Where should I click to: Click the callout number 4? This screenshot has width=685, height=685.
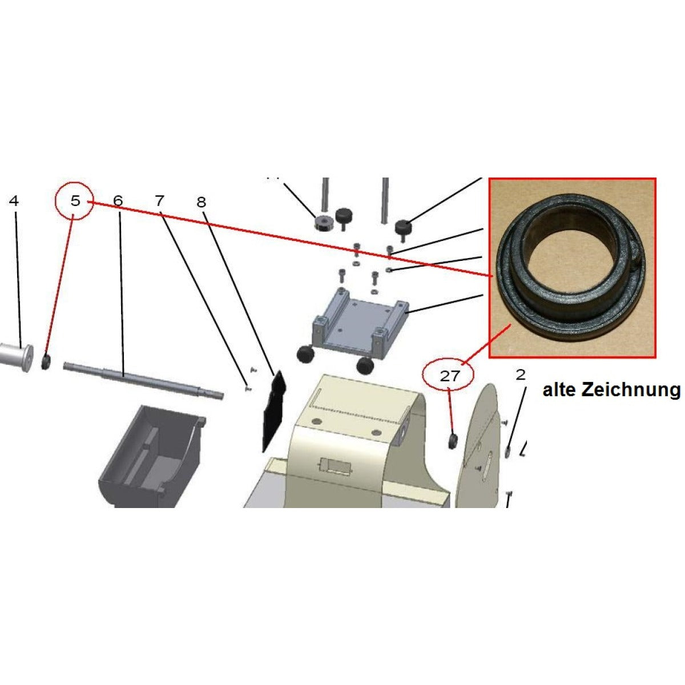[x=14, y=201]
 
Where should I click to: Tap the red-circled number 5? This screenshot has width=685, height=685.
[x=75, y=201]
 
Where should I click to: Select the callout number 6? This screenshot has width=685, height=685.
[x=118, y=201]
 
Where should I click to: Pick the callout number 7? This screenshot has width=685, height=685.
[x=160, y=201]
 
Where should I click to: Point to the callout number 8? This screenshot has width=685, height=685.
[x=202, y=202]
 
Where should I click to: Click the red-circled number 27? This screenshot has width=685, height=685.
[x=450, y=376]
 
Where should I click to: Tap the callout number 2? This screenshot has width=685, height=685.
[x=521, y=374]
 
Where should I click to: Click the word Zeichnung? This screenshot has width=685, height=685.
[x=631, y=390]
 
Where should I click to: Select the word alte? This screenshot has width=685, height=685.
[x=560, y=390]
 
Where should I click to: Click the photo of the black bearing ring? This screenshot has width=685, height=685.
[x=573, y=268]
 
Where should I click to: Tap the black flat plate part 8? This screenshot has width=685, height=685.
[x=274, y=409]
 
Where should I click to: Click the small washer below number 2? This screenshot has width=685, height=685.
[x=507, y=452]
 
